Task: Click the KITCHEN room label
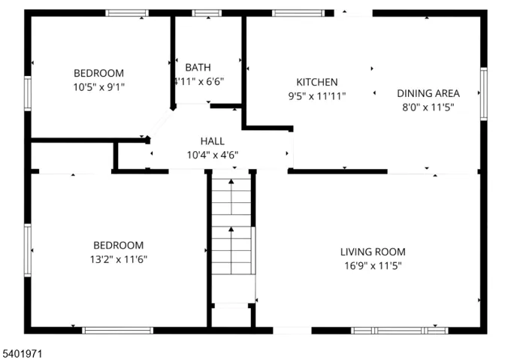point(317,82)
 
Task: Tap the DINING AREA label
point(428,93)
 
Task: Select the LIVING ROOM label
point(373,252)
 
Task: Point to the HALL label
point(213,141)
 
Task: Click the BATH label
point(198,68)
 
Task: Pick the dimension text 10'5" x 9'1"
point(98,87)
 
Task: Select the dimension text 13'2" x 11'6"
point(119,259)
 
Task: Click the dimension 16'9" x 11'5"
point(373,266)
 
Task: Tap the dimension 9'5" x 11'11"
point(317,96)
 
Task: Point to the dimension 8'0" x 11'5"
point(428,107)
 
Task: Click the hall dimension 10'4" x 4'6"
point(213,155)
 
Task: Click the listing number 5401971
point(23,354)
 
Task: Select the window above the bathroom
point(207,13)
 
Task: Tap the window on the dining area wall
point(484,94)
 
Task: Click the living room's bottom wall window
point(400,331)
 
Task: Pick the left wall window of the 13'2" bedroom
point(28,250)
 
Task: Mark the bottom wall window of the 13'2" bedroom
point(117,331)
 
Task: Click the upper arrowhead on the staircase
point(231,181)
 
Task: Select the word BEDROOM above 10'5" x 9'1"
point(98,73)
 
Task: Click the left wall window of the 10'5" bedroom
point(28,93)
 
